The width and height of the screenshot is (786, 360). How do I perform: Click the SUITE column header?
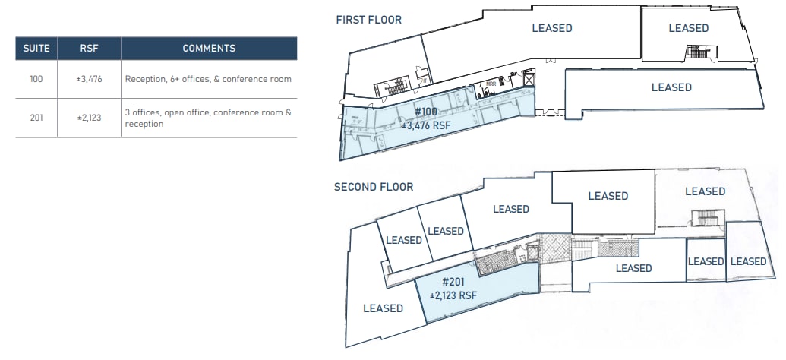point(36,48)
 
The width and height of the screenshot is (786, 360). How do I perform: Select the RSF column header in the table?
point(89,48)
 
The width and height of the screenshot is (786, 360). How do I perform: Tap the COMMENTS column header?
point(209,48)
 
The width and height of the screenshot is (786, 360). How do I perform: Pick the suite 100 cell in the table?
point(36,79)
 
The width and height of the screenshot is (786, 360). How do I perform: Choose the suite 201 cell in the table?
point(36,118)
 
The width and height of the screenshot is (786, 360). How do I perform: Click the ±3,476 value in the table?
point(89,79)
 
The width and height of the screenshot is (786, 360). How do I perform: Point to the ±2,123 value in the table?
point(89,118)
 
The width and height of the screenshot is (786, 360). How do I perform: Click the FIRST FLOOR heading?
point(369,20)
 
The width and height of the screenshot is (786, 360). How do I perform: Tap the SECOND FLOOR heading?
point(374,187)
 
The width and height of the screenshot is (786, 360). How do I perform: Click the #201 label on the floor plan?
point(453,283)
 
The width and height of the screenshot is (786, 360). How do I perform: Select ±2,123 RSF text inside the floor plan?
point(453,295)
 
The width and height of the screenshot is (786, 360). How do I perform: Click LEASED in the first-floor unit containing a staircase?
point(688,28)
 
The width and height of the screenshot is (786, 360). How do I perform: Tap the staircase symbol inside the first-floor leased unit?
point(696,52)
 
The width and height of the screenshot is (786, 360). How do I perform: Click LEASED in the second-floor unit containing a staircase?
point(705,191)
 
